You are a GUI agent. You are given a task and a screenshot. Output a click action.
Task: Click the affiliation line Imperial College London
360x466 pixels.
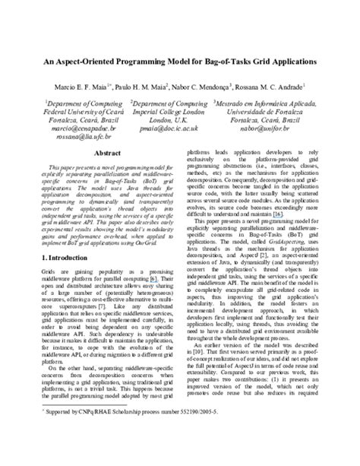tap(170, 111)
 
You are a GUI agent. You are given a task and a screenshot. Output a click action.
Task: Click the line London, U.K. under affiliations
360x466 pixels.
tap(170, 120)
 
